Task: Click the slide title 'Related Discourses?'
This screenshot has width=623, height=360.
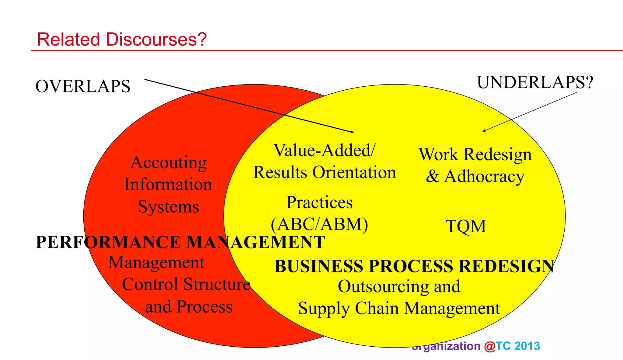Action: point(122,40)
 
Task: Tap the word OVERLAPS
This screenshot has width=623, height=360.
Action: point(83,86)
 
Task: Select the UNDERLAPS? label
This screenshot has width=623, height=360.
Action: point(535,82)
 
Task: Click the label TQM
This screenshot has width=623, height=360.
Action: point(466,227)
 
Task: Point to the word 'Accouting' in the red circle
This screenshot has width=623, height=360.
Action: point(169,163)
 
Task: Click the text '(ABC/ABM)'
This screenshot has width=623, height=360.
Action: point(319,224)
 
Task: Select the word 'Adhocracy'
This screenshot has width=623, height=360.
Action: point(484,177)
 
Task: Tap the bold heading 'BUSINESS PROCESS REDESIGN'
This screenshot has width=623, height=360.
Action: point(414,266)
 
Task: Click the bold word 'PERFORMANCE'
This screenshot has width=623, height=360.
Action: point(108,243)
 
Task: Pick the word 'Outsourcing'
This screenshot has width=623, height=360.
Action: point(384,286)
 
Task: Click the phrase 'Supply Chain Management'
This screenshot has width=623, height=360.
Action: point(399,308)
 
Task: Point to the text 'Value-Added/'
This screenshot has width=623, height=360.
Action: point(324,151)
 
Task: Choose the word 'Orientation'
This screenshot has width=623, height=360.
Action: point(354,172)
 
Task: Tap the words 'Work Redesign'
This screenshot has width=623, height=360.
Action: point(475,154)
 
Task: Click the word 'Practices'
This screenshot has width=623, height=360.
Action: point(319,202)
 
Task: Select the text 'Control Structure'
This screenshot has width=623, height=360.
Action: point(186,285)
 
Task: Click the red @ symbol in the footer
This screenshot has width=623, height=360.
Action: point(490,346)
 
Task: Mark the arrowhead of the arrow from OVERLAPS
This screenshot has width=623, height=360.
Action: point(353,132)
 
